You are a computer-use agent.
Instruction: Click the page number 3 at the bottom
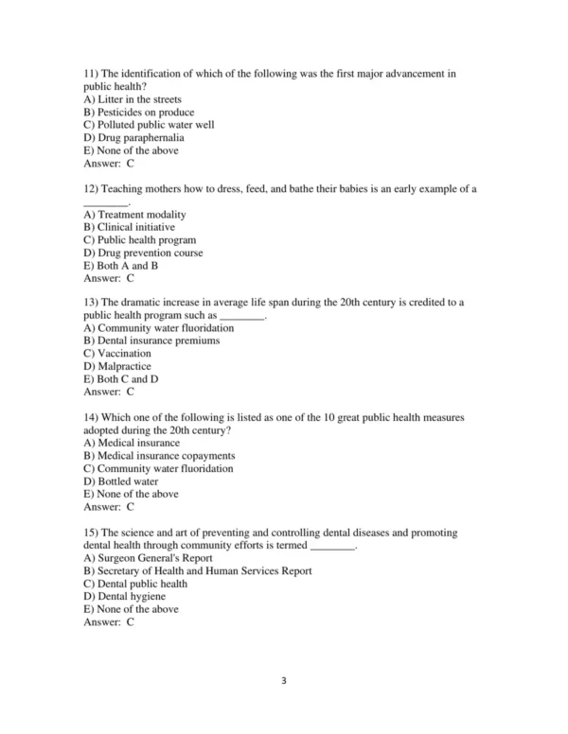(283, 678)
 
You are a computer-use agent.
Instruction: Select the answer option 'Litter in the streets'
(133, 99)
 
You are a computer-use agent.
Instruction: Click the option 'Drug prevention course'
(143, 253)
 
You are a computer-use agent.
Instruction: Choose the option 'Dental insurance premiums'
(151, 341)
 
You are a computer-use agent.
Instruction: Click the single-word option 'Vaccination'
(117, 354)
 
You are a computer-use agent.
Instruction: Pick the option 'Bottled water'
(122, 481)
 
